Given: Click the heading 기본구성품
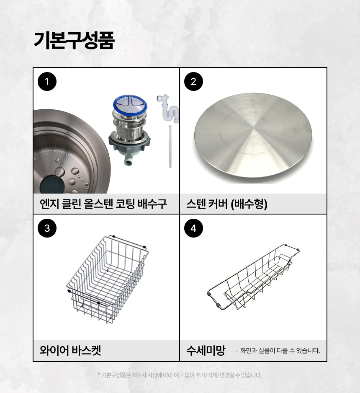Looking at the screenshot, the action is click(74, 40).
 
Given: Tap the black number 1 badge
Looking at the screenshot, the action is click(47, 81).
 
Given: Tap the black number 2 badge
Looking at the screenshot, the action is click(193, 81).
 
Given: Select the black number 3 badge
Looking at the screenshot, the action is click(47, 228).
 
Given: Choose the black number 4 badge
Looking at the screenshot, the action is click(193, 228).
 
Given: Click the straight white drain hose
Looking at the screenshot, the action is click(170, 146).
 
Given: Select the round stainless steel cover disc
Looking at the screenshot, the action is click(253, 138).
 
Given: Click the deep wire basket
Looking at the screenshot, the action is click(108, 279).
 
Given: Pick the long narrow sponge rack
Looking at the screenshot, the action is click(253, 277).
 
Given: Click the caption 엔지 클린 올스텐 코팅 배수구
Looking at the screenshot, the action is click(103, 204).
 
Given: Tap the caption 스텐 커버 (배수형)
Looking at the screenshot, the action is click(227, 204).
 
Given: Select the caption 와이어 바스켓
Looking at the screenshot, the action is click(70, 350).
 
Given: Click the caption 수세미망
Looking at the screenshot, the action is click(206, 350).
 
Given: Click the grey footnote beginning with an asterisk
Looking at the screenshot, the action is click(180, 375).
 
